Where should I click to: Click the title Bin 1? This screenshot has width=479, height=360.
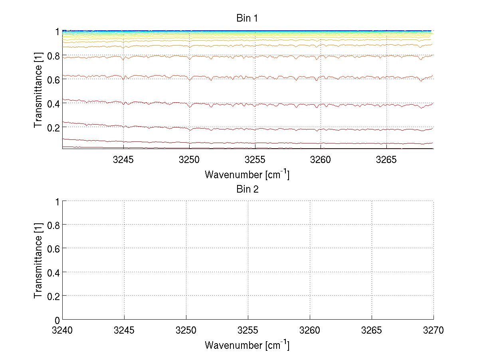(x=247, y=18)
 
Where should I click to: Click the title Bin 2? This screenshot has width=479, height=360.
(x=247, y=189)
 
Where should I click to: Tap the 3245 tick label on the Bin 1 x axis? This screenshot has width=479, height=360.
(x=123, y=160)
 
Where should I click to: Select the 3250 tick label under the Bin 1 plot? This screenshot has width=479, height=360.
(x=189, y=160)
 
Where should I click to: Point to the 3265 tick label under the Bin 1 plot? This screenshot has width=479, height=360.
(x=386, y=160)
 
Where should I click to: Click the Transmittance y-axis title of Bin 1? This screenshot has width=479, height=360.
(x=38, y=90)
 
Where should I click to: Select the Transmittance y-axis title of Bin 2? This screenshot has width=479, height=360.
(x=38, y=261)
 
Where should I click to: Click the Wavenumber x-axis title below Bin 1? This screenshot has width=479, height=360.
(x=247, y=175)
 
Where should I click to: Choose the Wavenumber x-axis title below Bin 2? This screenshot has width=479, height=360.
(x=247, y=345)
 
